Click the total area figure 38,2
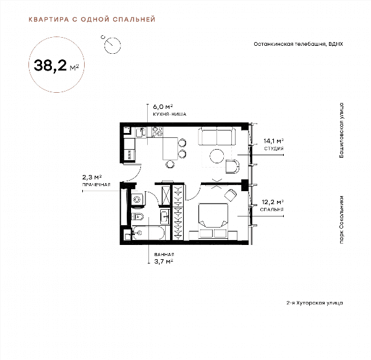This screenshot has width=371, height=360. point(50,66)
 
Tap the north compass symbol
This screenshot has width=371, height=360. point(112,45)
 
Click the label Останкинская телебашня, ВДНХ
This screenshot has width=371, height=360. point(298,44)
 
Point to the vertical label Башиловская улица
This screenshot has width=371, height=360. point(341,131)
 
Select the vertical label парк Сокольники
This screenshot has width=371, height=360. point(341,220)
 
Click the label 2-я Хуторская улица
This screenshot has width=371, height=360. point(315,302)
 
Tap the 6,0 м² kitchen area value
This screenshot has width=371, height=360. point(163,107)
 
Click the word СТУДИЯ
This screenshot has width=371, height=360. point(274,148)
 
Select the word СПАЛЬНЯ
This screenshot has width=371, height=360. point(271,210)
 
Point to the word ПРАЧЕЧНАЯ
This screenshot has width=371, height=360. point(96,184)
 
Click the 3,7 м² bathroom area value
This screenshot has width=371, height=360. point(163,262)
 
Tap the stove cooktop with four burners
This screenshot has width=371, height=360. point(157,132)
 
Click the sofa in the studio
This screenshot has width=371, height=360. point(216,136)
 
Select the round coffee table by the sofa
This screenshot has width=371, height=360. point(217,156)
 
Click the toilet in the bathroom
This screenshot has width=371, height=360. point(137,216)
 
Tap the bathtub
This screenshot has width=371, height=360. point(148,233)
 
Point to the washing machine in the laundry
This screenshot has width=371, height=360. point(137,199)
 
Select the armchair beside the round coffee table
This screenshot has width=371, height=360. point(232,166)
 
